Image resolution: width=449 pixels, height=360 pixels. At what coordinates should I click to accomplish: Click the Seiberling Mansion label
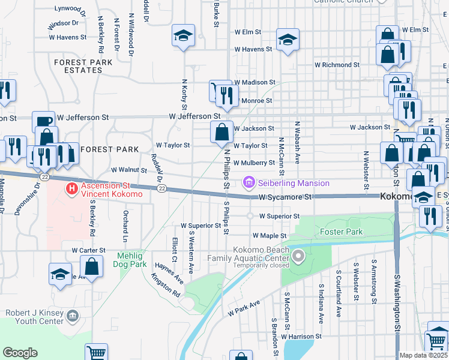[294, 183]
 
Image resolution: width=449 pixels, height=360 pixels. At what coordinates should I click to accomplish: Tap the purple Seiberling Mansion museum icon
[249, 182]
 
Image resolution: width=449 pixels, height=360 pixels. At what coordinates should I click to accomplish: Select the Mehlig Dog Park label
[131, 260]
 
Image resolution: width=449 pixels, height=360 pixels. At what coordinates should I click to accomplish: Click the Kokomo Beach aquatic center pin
[298, 258]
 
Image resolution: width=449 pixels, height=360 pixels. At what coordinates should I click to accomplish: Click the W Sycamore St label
[286, 197]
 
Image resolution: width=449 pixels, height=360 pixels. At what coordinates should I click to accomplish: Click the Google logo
[20, 353]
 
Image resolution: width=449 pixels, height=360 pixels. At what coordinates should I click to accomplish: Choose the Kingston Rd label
[166, 286]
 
